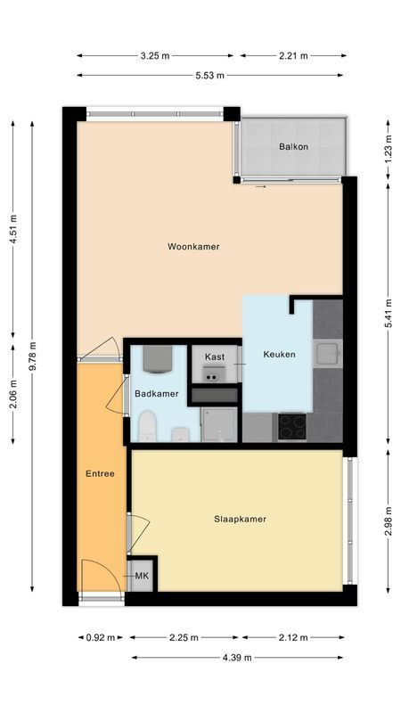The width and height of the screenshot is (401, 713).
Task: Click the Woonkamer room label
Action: (x=193, y=247)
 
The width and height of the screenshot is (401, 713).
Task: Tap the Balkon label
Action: (x=293, y=147)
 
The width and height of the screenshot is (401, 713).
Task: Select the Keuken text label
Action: (x=279, y=355)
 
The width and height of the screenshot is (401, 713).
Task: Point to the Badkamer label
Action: (x=157, y=393)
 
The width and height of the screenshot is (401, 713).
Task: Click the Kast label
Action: (x=214, y=356)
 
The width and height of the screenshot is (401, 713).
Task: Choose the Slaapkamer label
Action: (x=240, y=519)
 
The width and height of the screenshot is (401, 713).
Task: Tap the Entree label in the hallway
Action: (x=100, y=473)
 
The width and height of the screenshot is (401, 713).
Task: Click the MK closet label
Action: (x=142, y=577)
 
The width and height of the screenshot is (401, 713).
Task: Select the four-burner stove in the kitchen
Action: (x=292, y=427)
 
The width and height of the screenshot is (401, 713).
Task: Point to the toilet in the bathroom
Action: (x=148, y=427)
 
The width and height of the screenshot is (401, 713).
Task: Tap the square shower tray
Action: (x=217, y=425)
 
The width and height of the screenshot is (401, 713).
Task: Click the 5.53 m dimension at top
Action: (x=211, y=76)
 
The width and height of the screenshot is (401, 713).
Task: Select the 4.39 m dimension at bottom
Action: (x=237, y=658)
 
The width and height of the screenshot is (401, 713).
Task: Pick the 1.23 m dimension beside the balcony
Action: (x=388, y=144)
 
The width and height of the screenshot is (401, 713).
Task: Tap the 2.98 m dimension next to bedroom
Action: (x=388, y=520)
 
